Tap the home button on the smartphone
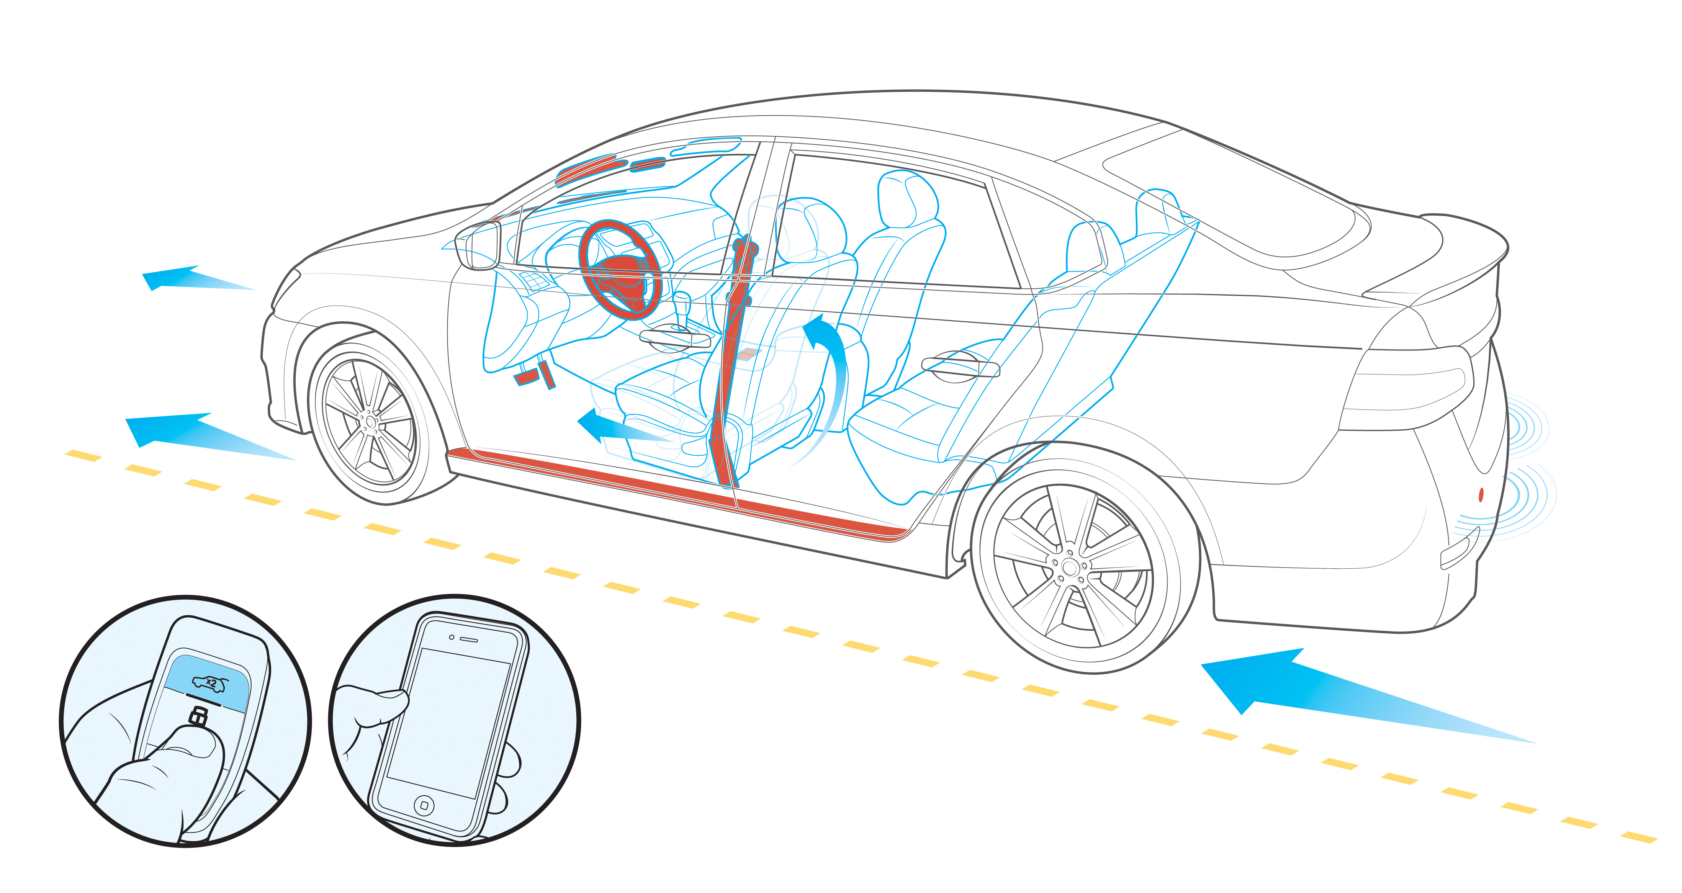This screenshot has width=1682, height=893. pyautogui.click(x=424, y=805)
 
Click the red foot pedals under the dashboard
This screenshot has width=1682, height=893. pyautogui.click(x=535, y=375)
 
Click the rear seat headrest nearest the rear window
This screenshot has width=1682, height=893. pyautogui.click(x=1156, y=209)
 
